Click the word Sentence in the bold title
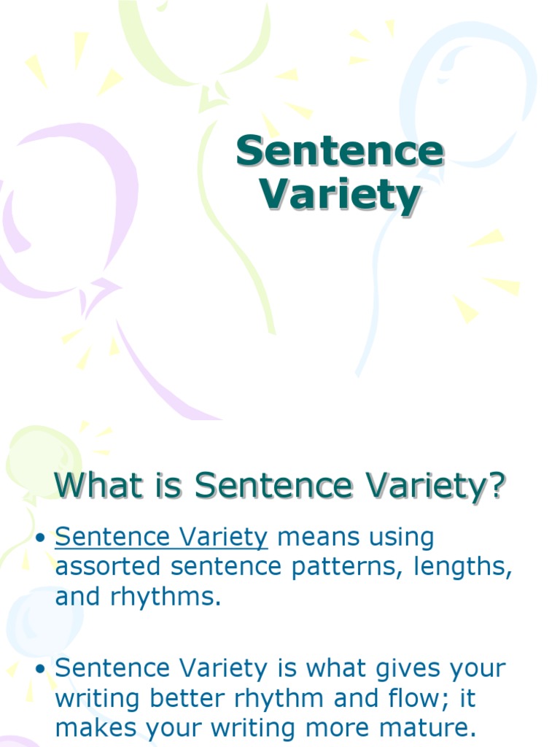pos(339,151)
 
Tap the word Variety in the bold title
pos(341,195)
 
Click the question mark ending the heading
pos(497,486)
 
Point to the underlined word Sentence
pos(105,538)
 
